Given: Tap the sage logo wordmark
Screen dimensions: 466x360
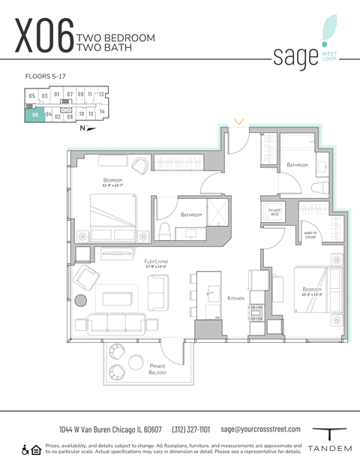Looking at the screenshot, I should point(292,56).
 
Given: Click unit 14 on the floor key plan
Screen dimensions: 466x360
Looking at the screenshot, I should point(102,111).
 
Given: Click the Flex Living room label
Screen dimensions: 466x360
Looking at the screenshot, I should point(160,263).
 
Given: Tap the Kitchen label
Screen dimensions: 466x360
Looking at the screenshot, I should point(236,298).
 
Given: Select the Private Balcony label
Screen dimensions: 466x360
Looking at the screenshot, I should point(157,368).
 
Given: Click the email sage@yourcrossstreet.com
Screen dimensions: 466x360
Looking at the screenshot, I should point(261,429).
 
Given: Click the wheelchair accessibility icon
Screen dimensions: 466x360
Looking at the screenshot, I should point(25,449).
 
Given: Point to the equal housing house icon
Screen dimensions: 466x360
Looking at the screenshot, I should point(36,449).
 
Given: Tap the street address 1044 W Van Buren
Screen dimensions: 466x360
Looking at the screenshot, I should point(110,429).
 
